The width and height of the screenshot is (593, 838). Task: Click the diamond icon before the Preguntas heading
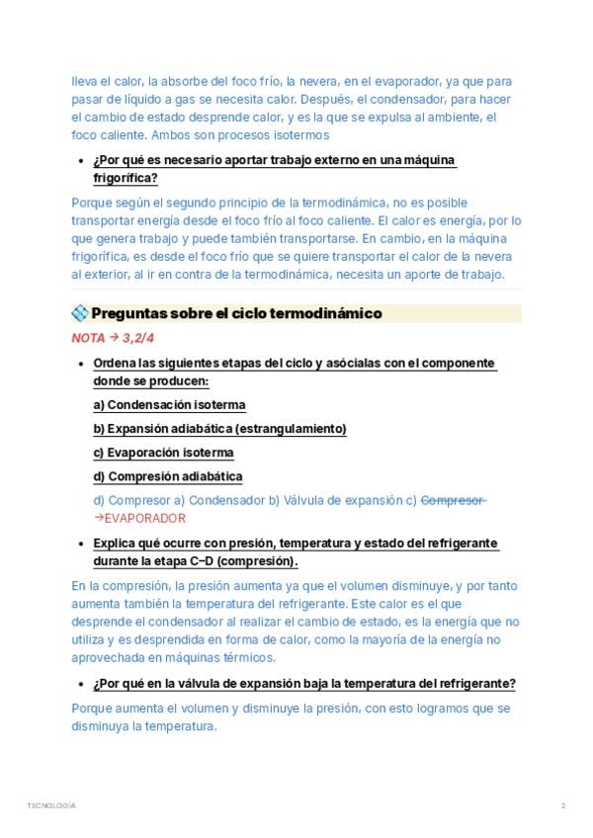(80, 313)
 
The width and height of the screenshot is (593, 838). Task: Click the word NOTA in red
(88, 338)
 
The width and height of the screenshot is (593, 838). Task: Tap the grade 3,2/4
(138, 338)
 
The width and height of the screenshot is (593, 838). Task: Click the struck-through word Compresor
(453, 500)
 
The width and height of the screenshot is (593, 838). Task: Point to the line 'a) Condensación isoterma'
(169, 405)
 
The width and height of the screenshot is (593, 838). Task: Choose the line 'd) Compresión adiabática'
(167, 476)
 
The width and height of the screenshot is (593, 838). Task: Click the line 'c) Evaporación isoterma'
(163, 453)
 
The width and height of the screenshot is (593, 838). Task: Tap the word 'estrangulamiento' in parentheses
(293, 429)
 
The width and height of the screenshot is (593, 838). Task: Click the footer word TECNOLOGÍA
(51, 805)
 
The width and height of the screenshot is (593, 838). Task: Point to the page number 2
(562, 805)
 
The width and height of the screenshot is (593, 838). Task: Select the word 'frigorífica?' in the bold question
(126, 178)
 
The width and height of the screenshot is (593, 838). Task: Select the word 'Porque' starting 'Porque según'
(91, 202)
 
